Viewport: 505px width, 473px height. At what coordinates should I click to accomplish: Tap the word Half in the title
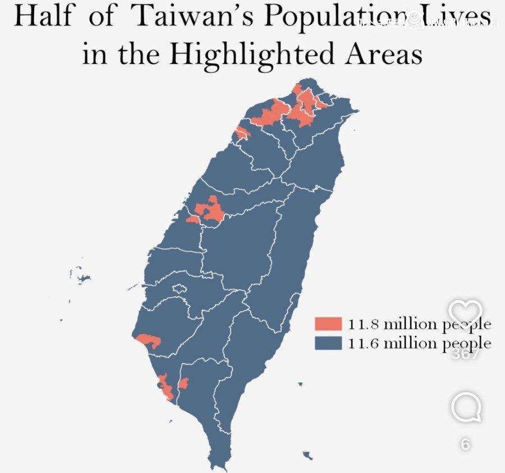(44, 16)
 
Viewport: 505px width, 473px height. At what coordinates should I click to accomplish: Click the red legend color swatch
(328, 324)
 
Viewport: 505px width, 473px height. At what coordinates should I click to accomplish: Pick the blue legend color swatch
(328, 343)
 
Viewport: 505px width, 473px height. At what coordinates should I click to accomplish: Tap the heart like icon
(466, 312)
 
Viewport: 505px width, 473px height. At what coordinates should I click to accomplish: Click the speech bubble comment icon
(466, 407)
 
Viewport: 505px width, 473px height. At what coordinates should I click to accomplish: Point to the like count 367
(466, 354)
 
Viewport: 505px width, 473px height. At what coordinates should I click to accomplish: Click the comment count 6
(465, 444)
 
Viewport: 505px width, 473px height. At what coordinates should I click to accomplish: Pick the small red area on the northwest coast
(241, 133)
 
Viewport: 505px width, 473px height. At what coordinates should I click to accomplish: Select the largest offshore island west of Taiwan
(83, 279)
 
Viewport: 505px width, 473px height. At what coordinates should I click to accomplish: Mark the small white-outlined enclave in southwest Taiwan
(179, 289)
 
